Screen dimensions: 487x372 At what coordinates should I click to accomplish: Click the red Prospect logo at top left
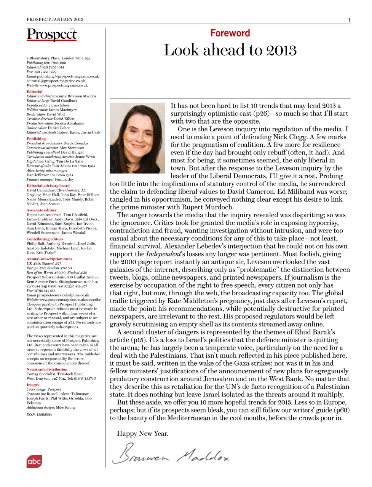(x=52, y=35)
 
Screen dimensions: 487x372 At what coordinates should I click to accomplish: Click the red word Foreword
(x=230, y=33)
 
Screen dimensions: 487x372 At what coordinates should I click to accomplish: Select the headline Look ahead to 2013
(x=230, y=50)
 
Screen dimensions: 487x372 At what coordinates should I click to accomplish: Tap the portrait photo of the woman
(x=138, y=138)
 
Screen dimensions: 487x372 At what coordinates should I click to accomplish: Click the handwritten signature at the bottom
(x=171, y=454)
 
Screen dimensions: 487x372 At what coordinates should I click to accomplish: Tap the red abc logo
(x=34, y=462)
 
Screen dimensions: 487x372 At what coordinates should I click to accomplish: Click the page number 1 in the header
(x=349, y=19)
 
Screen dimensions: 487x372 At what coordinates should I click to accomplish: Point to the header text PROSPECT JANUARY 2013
(x=55, y=19)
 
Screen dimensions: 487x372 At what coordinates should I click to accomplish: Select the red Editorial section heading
(x=35, y=92)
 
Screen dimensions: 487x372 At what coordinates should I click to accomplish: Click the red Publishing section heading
(x=36, y=138)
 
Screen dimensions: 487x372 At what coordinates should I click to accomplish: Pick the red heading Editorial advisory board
(x=48, y=186)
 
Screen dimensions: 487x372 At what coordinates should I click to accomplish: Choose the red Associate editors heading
(x=42, y=210)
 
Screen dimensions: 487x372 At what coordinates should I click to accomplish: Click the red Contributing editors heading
(x=45, y=239)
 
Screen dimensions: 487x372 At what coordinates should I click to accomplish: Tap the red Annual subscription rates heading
(x=49, y=259)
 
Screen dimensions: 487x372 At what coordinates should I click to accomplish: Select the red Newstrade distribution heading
(x=47, y=369)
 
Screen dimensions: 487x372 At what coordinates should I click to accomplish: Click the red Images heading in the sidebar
(x=33, y=385)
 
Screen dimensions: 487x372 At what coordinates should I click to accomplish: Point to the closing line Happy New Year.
(x=142, y=433)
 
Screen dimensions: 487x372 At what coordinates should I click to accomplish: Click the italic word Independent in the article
(x=163, y=254)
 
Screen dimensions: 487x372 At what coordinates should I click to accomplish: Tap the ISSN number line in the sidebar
(x=39, y=414)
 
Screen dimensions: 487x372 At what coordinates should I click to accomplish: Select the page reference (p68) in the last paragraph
(x=341, y=410)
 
